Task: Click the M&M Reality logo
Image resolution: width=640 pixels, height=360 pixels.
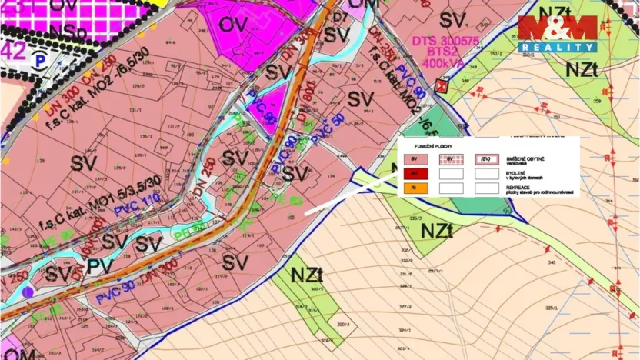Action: click(558, 34)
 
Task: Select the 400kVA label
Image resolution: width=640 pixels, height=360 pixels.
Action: click(438, 62)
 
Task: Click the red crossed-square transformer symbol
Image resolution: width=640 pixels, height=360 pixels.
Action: click(441, 85)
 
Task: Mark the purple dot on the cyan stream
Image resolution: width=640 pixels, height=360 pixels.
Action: click(28, 292)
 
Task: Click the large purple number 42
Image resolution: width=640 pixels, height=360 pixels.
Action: click(13, 50)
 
